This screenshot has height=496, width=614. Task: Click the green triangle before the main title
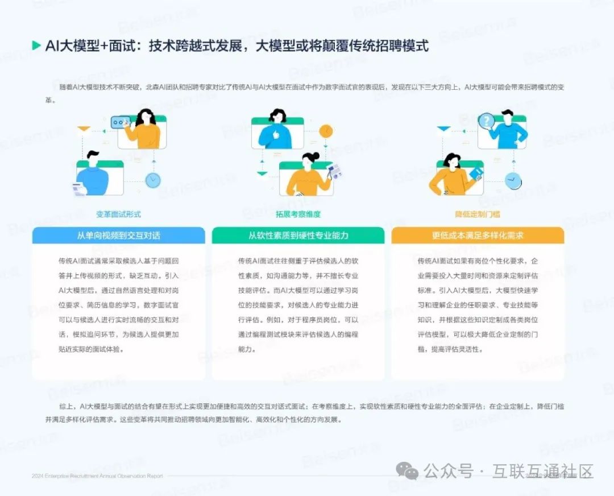pos(36,46)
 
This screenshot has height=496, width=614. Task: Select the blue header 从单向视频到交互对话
pos(118,235)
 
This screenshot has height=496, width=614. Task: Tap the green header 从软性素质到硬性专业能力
pos(298,235)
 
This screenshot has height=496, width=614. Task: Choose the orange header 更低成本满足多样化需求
pos(478,235)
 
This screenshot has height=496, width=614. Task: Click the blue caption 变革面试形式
pos(118,214)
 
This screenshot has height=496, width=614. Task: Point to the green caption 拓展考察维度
pos(298,214)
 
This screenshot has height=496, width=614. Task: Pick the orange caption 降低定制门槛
pos(478,214)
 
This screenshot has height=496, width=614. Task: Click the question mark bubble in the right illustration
pos(487,121)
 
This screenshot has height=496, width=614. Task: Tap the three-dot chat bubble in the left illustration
pos(121,122)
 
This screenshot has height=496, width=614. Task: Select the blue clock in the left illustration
pos(152,180)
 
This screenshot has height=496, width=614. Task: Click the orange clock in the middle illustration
pos(325,131)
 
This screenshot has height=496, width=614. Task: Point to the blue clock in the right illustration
pos(513,181)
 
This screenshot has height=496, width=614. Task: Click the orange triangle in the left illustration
pos(84,130)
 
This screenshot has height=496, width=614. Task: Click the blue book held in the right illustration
pos(476,172)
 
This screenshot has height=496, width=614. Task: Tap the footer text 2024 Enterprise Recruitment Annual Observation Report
pos(97,476)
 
